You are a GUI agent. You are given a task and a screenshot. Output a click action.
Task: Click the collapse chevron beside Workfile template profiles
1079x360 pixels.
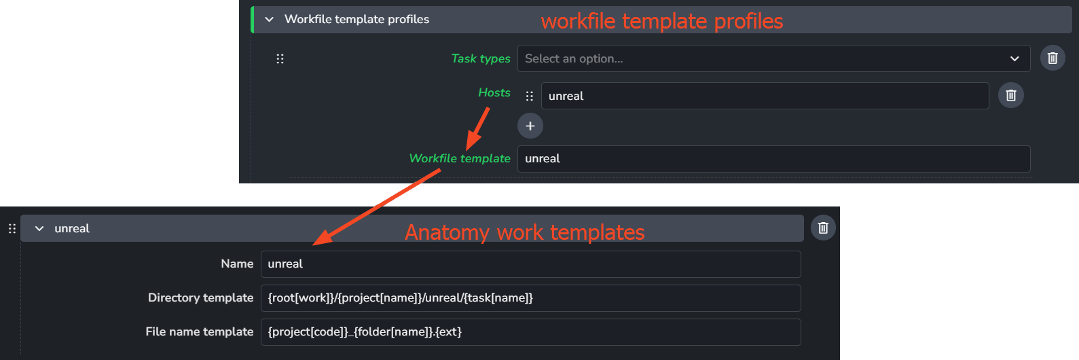tap(269, 19)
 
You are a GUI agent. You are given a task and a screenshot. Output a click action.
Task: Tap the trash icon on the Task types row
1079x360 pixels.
tap(1053, 58)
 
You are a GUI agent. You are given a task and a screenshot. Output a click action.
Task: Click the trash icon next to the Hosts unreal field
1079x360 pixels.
tap(1010, 96)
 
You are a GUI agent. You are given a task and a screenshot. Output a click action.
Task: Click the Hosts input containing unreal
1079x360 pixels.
tap(764, 96)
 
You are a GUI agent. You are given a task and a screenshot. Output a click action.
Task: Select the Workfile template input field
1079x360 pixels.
tap(773, 159)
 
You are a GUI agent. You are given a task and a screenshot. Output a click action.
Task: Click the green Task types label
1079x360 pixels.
tap(480, 58)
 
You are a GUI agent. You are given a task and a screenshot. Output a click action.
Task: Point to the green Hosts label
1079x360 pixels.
tap(494, 92)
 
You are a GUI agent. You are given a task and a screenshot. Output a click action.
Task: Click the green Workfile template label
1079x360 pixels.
tap(459, 158)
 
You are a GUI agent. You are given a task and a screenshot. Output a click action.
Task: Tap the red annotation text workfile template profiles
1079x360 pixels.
tap(661, 21)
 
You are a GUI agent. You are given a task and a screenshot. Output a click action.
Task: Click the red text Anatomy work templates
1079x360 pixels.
tap(524, 232)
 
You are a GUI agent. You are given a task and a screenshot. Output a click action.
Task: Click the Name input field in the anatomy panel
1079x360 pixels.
tap(530, 264)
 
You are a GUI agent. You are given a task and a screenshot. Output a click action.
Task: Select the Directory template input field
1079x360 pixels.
tap(530, 298)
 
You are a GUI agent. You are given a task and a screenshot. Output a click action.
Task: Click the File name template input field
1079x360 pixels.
tap(530, 332)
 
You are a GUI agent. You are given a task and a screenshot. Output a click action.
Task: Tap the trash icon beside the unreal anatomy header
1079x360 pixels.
tap(823, 228)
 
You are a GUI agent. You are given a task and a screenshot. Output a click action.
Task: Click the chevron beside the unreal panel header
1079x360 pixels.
tap(39, 229)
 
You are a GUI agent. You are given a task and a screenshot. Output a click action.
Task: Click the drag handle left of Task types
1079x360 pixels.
tap(280, 58)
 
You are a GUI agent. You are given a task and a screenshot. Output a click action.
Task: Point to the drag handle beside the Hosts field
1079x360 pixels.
tap(530, 96)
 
